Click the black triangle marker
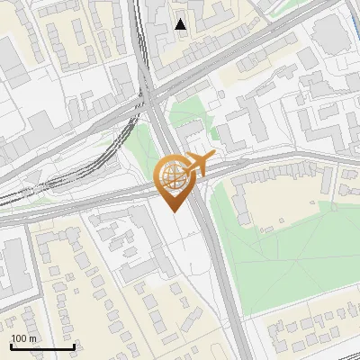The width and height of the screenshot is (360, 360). (x=181, y=24)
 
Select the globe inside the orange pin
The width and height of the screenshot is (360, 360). (x=173, y=174)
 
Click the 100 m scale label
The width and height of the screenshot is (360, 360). (x=23, y=338)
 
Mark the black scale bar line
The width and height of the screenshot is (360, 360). (x=42, y=346)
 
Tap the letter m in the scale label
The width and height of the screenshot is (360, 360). (x=32, y=338)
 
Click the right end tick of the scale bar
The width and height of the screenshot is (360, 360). (x=74, y=345)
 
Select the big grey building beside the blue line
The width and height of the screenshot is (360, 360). (x=329, y=33)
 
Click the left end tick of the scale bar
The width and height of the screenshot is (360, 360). (x=11, y=345)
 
